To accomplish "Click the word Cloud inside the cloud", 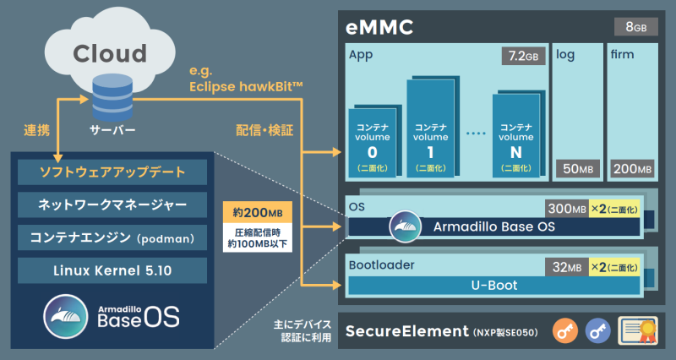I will point(110,54).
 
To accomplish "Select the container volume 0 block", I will point(372,141).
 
